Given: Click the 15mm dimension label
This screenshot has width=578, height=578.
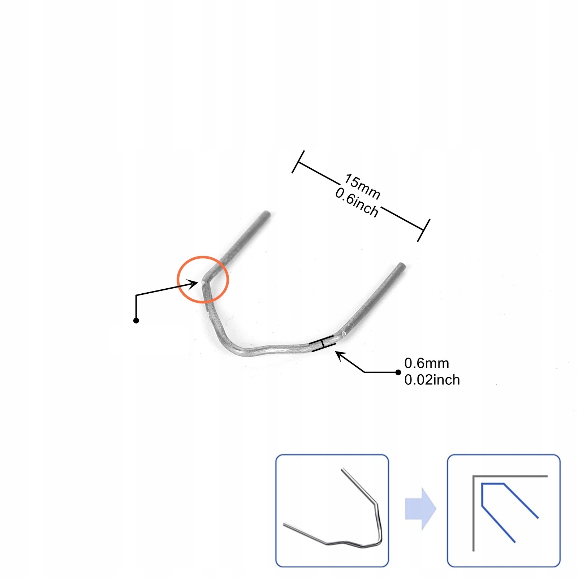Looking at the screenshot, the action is coord(362,187).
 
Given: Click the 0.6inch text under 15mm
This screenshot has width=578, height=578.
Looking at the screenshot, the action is coord(357,203).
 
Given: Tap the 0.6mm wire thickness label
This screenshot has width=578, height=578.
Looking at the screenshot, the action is coord(427,363).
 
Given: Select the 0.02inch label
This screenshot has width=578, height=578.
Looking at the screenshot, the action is coord(432,380).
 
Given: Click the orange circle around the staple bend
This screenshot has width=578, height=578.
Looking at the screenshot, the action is coord(203,258).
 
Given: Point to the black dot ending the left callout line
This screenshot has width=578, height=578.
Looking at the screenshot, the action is coord(136,320).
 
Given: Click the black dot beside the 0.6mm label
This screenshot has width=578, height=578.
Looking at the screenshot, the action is coord(398,372).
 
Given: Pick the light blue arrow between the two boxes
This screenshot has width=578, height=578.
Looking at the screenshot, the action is coord(420,509).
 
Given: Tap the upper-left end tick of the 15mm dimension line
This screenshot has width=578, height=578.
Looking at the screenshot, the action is coord(298,161).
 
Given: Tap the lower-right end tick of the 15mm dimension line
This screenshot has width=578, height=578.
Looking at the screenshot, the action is coord(423,230).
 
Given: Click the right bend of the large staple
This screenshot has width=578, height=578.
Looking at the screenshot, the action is coord(341,332).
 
